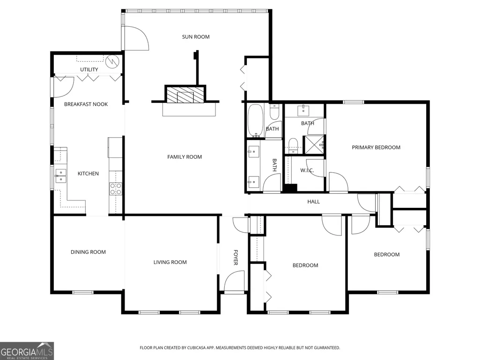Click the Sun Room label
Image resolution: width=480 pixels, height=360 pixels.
pos(196,37)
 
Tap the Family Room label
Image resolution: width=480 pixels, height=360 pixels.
pos(185,157)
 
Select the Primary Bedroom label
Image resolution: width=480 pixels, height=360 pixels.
pos(376,147)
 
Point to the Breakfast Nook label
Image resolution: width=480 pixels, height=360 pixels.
pos(86,104)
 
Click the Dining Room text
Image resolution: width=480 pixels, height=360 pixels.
pos(88,252)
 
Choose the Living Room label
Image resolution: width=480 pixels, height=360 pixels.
pos(170,262)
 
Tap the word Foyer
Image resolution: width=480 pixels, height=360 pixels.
pos(236,257)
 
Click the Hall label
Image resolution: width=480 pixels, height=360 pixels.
pos(313,201)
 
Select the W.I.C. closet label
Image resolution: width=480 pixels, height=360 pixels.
pos(307,170)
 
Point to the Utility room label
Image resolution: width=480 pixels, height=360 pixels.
pos(89,69)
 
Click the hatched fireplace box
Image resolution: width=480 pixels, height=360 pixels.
pos(185,94)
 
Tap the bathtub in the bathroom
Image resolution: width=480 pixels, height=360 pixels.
pos(255,121)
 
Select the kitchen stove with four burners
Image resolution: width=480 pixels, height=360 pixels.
pos(115,189)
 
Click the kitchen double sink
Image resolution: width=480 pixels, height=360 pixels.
pos(60,176)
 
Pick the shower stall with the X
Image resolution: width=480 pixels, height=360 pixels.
pos(313,145)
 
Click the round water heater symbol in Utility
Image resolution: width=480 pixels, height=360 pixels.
pos(112,62)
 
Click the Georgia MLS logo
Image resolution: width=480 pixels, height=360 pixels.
pos(27,351)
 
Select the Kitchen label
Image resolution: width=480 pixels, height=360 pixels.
pos(88,174)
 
